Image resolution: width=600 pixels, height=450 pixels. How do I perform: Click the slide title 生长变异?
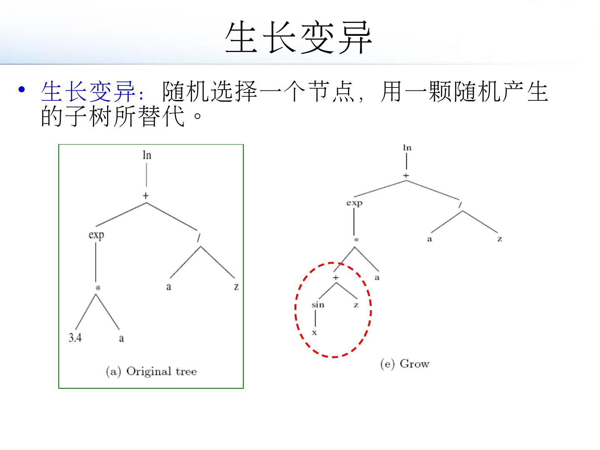[298, 38]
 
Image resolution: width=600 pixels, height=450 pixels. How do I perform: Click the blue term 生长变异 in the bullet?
[88, 92]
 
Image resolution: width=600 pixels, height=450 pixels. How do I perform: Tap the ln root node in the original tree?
[147, 155]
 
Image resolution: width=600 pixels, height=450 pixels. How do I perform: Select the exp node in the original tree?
[96, 235]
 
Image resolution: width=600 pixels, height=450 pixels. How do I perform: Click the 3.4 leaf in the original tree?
[75, 337]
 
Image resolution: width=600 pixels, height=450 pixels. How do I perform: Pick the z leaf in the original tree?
[236, 287]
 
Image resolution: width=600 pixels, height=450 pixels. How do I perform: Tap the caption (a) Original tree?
[151, 371]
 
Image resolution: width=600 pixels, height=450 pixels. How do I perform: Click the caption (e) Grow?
[405, 364]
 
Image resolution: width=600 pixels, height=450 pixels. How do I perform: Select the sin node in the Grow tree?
[317, 305]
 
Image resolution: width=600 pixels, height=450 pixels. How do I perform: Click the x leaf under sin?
[315, 332]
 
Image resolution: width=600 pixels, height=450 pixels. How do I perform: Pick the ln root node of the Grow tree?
[407, 147]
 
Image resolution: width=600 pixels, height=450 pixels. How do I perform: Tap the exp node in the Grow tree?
[354, 203]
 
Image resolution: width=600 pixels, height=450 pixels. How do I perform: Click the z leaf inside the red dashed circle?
[356, 305]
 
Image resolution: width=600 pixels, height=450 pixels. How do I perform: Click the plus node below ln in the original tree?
[146, 195]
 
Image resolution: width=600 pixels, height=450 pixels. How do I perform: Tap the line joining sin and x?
[315, 319]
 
